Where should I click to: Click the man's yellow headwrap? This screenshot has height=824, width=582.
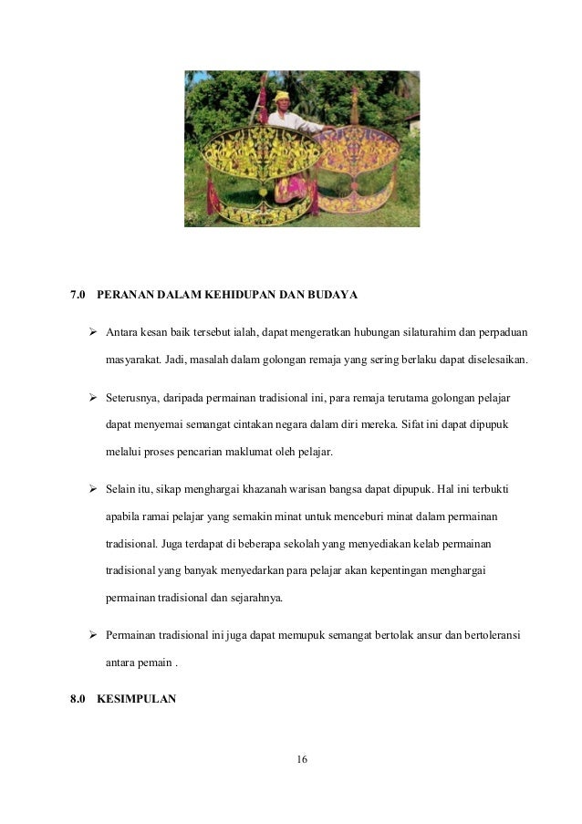pos(282,96)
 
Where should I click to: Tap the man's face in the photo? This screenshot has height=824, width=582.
pos(283,106)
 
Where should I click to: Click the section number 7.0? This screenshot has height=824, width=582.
pos(78,296)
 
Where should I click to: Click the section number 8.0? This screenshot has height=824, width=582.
pos(78,699)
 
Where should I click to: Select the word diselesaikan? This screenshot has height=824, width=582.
pos(497,359)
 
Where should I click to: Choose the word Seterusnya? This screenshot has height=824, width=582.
pos(135,400)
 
